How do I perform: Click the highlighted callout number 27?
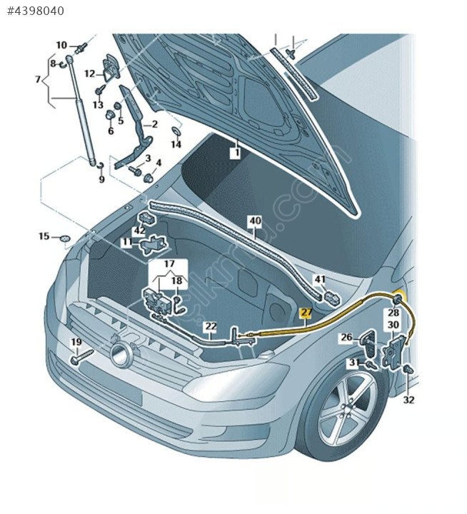(x=306, y=313)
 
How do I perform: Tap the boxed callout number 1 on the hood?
(x=235, y=152)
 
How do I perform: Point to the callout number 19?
(x=76, y=343)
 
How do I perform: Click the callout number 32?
(x=408, y=400)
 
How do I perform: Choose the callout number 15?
(x=44, y=236)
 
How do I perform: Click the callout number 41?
(x=320, y=279)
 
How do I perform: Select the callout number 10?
(x=61, y=45)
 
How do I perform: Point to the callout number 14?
(x=176, y=144)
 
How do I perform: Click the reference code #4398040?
(x=35, y=11)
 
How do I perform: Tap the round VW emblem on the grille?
(x=121, y=353)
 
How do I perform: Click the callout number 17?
(x=169, y=263)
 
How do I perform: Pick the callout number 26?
(x=346, y=337)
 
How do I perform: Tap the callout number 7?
(x=37, y=79)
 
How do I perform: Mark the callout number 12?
(x=89, y=73)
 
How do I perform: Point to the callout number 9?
(x=101, y=179)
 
